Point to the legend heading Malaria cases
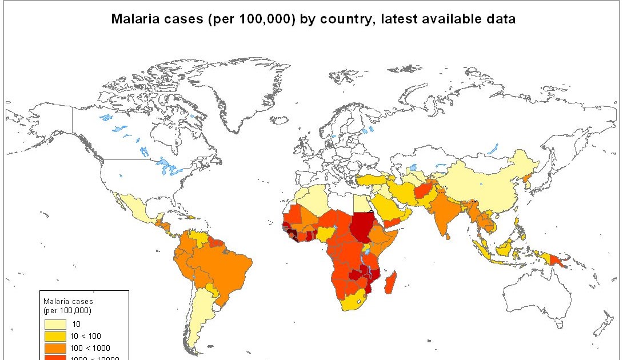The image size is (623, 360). tap(68, 301)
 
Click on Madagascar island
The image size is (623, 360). tap(390, 283)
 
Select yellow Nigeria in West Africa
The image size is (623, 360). tap(325, 233)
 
